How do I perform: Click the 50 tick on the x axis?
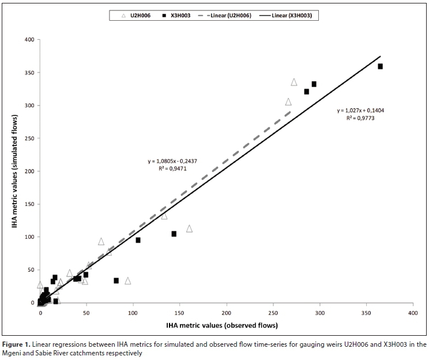86,313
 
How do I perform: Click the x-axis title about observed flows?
222,325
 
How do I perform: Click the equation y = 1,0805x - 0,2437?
172,162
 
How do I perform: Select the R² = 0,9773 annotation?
357,118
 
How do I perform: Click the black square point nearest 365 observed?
381,66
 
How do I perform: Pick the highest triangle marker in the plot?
294,82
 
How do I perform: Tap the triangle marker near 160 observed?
189,228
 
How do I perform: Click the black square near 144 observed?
174,234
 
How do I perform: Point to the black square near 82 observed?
116,280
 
